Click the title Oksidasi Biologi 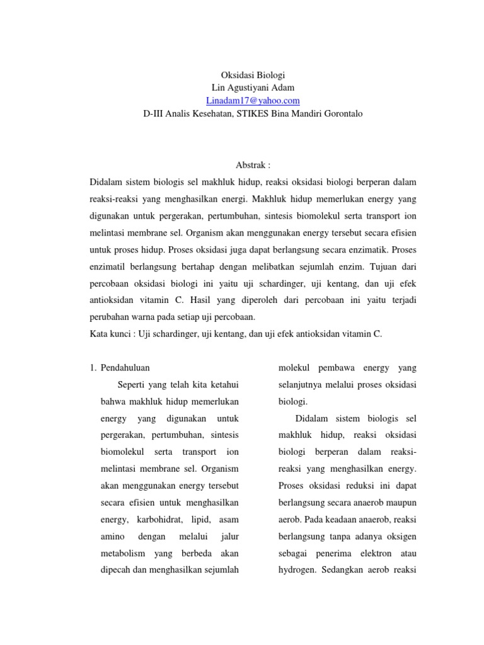click(x=242, y=74)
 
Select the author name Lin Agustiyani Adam click(x=242, y=87)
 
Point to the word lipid click(x=199, y=520)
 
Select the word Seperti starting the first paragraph click(x=130, y=384)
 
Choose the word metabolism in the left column click(x=122, y=553)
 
